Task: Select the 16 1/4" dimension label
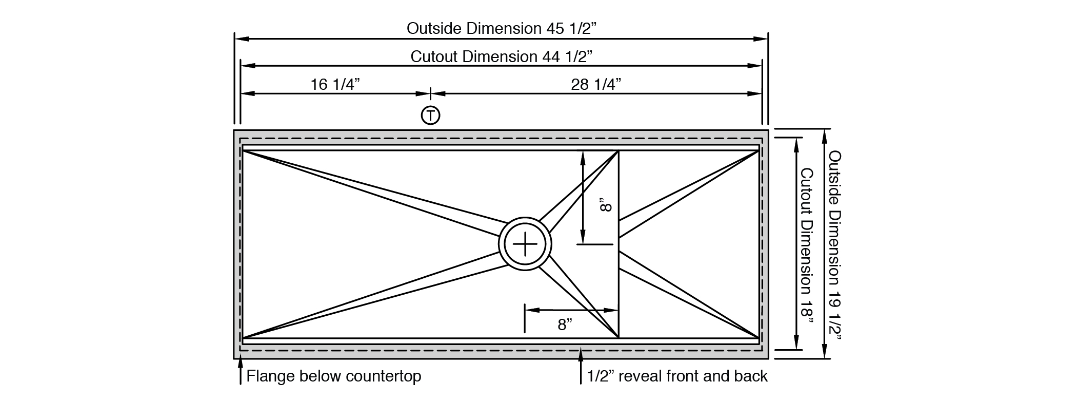point(335,84)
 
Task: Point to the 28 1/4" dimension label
point(596,84)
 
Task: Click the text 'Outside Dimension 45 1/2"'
point(502,28)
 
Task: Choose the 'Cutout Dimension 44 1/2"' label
point(502,56)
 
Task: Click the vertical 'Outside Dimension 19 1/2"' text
point(835,246)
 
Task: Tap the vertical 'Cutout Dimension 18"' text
point(807,246)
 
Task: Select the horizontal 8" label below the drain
point(565,324)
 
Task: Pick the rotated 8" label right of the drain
point(606,206)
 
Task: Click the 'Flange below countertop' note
point(334,376)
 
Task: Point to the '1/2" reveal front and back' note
point(677,376)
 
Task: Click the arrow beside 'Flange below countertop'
point(240,371)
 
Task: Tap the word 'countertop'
point(384,376)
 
